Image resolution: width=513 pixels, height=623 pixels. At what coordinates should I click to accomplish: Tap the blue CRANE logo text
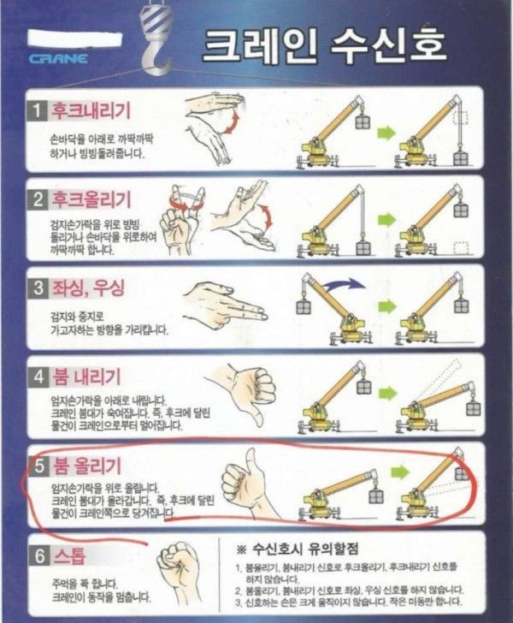point(58,59)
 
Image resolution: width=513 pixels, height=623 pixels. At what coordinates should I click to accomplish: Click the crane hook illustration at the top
point(157,38)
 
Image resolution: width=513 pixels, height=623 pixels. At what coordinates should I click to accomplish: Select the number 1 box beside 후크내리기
point(38,110)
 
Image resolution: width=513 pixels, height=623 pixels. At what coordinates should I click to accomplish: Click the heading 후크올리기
point(91,199)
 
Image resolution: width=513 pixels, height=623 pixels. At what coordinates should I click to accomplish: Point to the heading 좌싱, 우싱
point(89,288)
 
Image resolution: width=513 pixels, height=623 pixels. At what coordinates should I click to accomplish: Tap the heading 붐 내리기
point(86,376)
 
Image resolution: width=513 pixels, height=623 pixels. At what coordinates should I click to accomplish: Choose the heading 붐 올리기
point(86,466)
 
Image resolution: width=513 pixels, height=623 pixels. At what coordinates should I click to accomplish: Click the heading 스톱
point(69,555)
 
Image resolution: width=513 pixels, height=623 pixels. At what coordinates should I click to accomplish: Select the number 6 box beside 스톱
point(39,556)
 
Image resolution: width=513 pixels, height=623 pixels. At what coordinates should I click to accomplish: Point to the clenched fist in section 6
point(178,569)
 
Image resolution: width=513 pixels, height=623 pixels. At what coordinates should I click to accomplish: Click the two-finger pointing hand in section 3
point(224,306)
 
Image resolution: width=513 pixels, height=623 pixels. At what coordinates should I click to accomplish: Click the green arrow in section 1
point(386,133)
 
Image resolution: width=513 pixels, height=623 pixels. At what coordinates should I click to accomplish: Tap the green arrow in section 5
point(400,472)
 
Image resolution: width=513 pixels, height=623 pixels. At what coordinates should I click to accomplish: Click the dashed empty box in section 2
point(461,247)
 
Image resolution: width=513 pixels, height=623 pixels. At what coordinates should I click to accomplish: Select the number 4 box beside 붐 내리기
point(38,377)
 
